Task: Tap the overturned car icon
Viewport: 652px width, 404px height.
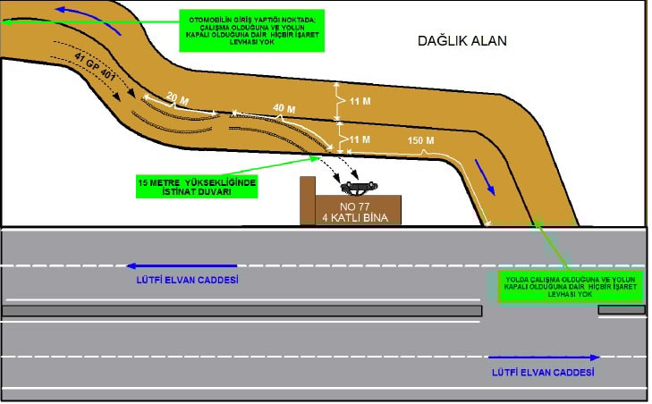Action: click(358, 187)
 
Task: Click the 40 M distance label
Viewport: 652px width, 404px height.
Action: click(284, 109)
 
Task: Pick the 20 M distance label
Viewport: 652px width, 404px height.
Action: click(178, 97)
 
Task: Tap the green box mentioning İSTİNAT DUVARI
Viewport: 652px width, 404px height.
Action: click(197, 186)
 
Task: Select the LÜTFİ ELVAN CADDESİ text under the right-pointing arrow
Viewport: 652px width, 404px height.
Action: click(543, 371)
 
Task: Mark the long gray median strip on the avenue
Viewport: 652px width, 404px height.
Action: click(241, 310)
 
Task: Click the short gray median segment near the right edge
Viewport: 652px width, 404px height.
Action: click(621, 309)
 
